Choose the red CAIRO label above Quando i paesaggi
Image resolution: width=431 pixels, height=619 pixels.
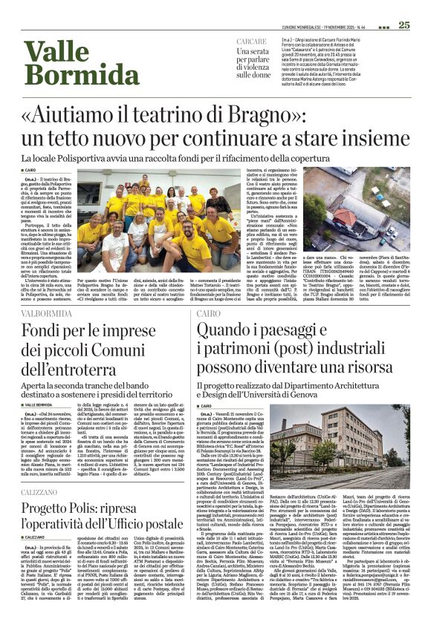click(x=209, y=314)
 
